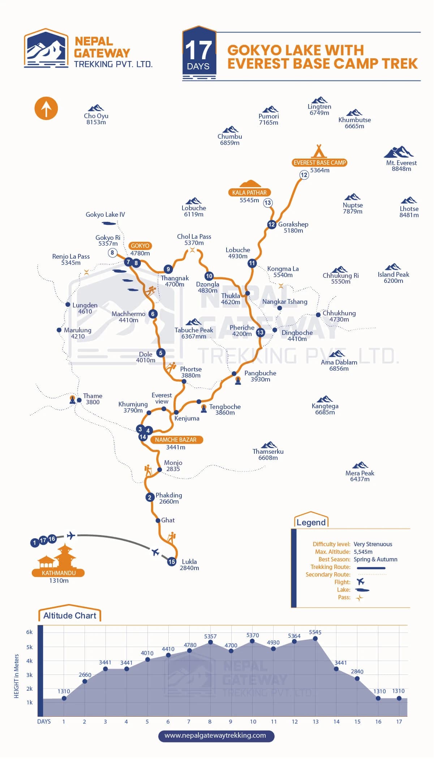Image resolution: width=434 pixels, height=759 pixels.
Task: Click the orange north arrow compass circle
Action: (x=46, y=108)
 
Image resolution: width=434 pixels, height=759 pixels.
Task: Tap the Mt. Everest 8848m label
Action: (x=401, y=165)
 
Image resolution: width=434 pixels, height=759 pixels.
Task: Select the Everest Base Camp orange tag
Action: (x=319, y=163)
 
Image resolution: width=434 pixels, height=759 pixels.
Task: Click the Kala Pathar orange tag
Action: (x=249, y=193)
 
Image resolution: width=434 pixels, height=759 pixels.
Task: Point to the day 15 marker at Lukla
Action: (x=172, y=561)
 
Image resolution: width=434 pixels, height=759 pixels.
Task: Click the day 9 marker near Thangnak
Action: (x=168, y=269)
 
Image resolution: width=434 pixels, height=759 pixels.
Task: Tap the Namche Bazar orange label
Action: (x=176, y=440)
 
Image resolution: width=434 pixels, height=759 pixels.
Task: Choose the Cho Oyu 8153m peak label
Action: (x=96, y=119)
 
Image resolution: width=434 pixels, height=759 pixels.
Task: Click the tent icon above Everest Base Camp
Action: (x=319, y=150)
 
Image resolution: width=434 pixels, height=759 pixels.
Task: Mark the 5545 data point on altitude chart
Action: (x=315, y=638)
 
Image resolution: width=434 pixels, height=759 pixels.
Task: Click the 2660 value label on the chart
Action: (x=85, y=674)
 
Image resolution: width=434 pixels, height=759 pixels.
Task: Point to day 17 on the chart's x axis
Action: (x=399, y=721)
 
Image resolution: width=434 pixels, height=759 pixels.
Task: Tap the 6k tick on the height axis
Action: (x=29, y=632)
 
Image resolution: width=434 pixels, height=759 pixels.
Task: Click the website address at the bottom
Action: (x=215, y=735)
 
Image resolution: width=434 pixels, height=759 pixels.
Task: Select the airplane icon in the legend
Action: (x=360, y=582)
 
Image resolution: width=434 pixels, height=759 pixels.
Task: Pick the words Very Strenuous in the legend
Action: (x=373, y=544)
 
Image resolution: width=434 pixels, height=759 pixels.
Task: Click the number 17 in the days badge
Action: (x=198, y=50)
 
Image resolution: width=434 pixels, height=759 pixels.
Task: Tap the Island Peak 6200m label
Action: (x=393, y=277)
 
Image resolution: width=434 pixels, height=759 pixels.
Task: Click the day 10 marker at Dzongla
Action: (x=209, y=276)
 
